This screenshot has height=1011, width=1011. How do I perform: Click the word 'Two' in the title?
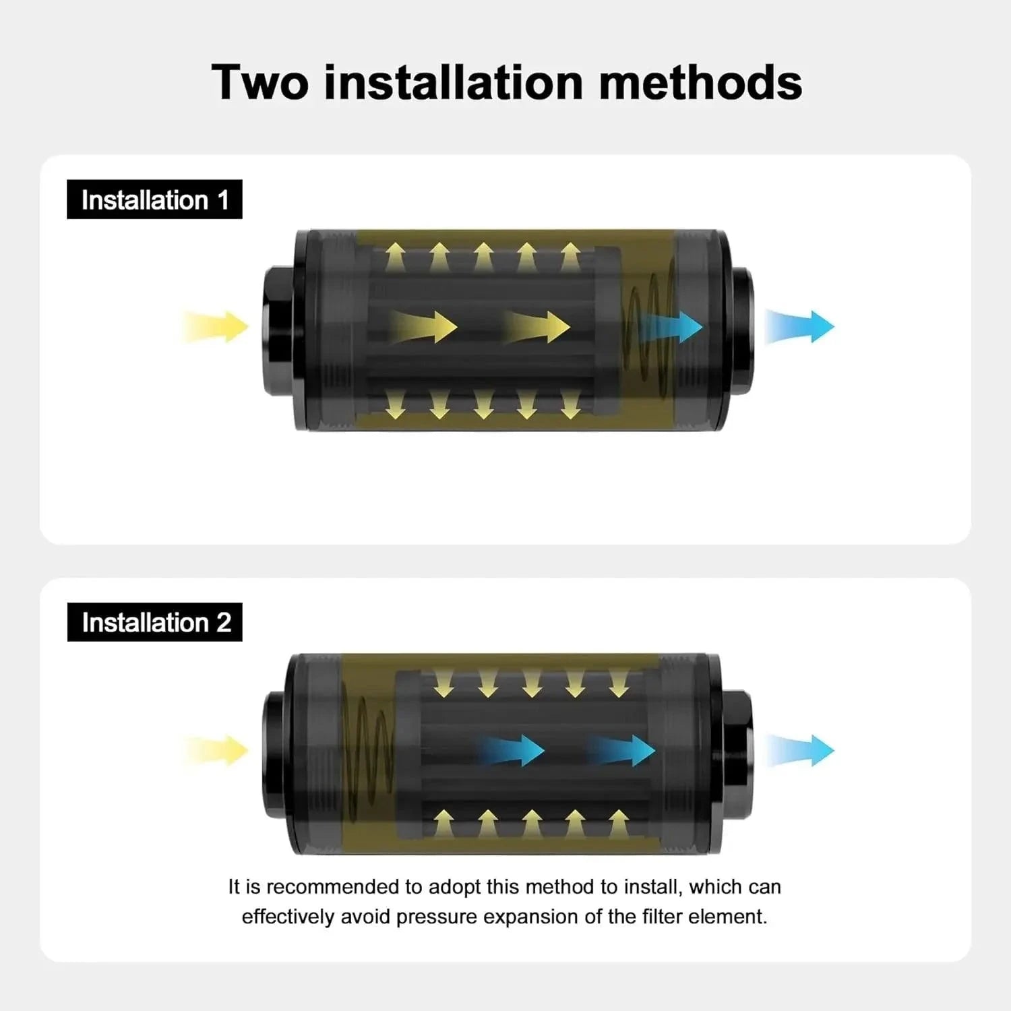pos(260,82)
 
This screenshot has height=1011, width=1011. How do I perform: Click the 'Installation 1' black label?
pos(154,200)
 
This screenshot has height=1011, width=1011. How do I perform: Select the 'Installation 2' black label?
pos(155,622)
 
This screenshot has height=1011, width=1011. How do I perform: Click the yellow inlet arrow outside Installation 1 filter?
pos(215,327)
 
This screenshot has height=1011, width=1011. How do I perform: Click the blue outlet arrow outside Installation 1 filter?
pos(800,326)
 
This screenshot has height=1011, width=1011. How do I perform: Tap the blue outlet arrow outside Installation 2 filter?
pos(800,750)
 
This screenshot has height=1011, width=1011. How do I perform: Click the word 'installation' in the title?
pos(454,82)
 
